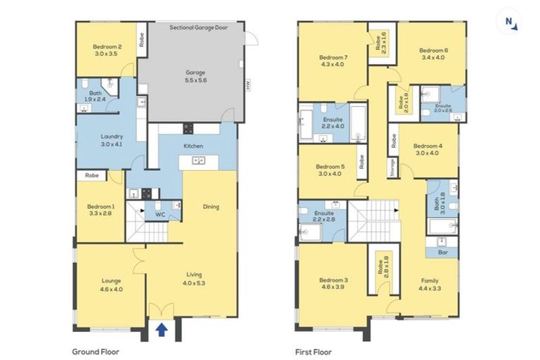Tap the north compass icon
(x=510, y=22)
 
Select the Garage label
(x=195, y=72)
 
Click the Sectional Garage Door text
(x=198, y=27)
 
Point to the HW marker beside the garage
(x=247, y=85)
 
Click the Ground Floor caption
(x=96, y=352)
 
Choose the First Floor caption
(x=314, y=352)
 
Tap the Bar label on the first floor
(x=443, y=252)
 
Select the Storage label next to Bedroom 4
(x=392, y=168)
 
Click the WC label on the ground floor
(x=160, y=214)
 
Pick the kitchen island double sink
(x=199, y=160)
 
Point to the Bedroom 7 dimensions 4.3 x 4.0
(x=333, y=65)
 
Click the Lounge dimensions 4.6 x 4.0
(x=111, y=290)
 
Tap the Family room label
(x=430, y=281)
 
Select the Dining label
(x=211, y=207)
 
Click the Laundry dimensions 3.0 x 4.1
(x=112, y=144)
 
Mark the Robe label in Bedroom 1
(x=91, y=175)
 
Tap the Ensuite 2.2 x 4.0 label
(x=333, y=123)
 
